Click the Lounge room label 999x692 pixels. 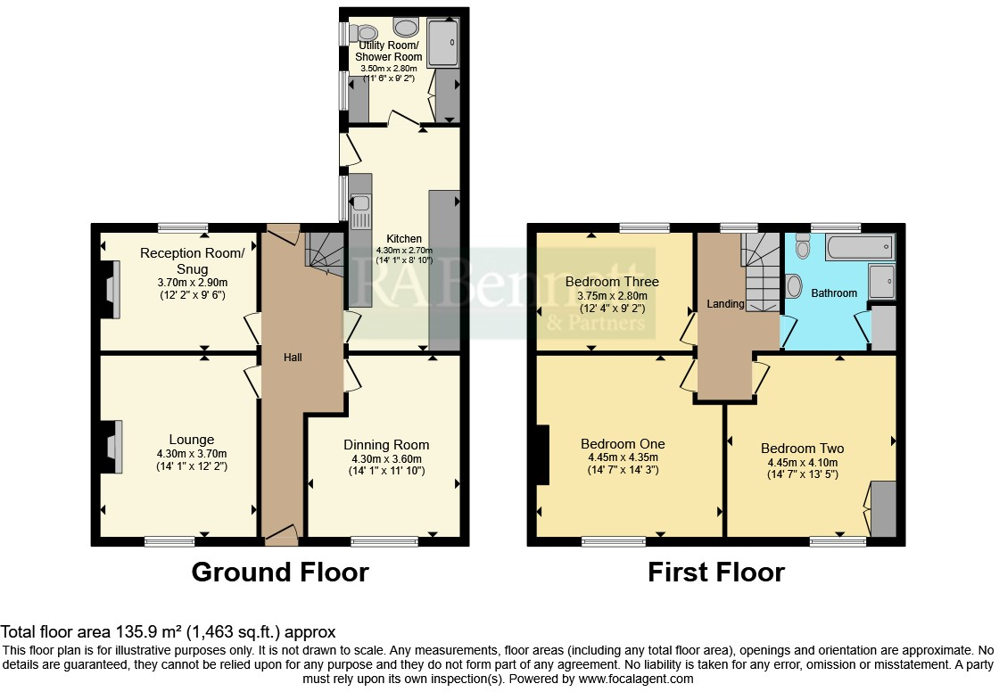coord(192,440)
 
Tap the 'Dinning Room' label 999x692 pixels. coord(386,445)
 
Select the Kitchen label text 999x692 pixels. coord(403,239)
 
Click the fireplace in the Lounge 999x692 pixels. coord(111,446)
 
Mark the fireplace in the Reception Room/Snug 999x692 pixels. coord(111,291)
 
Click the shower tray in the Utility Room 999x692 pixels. coord(444,42)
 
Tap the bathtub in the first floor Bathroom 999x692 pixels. coord(859,246)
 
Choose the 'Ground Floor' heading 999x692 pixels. coord(280,572)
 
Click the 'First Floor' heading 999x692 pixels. coord(716,572)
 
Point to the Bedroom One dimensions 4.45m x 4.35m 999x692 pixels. coord(623,457)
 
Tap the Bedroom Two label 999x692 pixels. coord(802,449)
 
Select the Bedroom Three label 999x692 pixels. coord(612,282)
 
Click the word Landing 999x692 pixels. coord(725,304)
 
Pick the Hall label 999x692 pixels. coord(293,358)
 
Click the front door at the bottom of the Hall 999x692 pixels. coord(281,535)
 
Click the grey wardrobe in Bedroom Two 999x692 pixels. coord(883,508)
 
